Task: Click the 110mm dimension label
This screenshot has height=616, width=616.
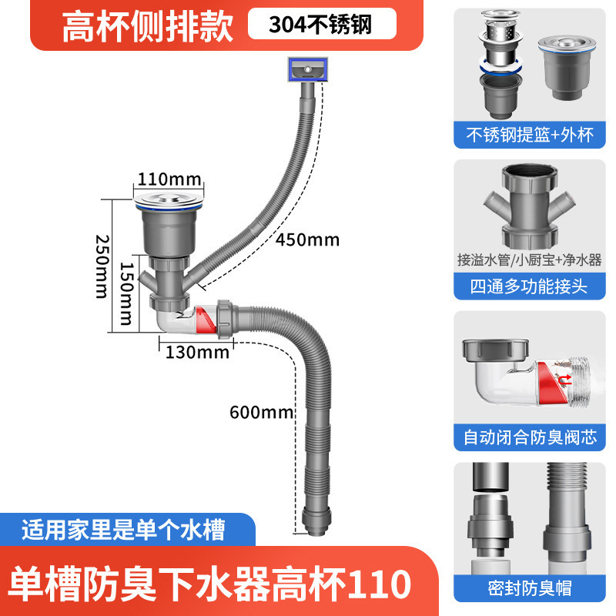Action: pyautogui.click(x=169, y=179)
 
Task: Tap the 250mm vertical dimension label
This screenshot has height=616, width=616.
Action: pyautogui.click(x=102, y=266)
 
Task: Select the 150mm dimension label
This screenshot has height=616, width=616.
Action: pyautogui.click(x=127, y=294)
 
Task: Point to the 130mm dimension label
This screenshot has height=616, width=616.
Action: pyautogui.click(x=197, y=352)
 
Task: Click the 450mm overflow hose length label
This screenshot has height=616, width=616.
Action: pyautogui.click(x=307, y=239)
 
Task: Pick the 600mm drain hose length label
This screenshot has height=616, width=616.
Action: pyautogui.click(x=262, y=413)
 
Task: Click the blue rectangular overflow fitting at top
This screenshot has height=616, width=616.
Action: pyautogui.click(x=307, y=69)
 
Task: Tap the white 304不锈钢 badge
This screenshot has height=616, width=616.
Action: pyautogui.click(x=322, y=24)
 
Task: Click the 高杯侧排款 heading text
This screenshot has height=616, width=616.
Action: pyautogui.click(x=148, y=27)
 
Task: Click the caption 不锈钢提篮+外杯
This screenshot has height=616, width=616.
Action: pyautogui.click(x=530, y=135)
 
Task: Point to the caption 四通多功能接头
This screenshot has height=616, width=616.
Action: pyautogui.click(x=529, y=286)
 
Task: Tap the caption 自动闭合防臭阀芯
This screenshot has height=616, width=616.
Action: pyautogui.click(x=530, y=437)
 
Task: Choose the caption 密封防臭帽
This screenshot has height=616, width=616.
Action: pyautogui.click(x=530, y=588)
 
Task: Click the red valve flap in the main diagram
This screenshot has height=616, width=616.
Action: pyautogui.click(x=205, y=320)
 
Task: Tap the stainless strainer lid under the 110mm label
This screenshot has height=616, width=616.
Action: pyautogui.click(x=169, y=199)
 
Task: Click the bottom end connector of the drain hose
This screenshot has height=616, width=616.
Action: pyautogui.click(x=316, y=522)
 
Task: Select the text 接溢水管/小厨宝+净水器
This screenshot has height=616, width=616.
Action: pyautogui.click(x=529, y=259)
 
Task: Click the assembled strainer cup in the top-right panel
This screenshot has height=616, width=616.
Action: pyautogui.click(x=567, y=68)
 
